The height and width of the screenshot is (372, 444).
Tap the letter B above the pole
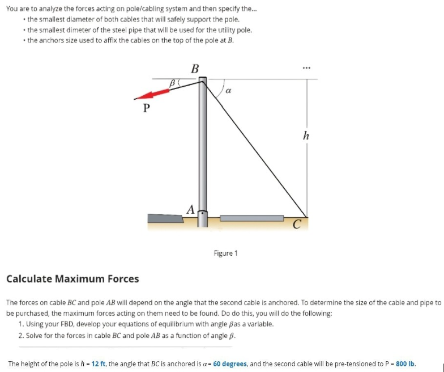point(195,69)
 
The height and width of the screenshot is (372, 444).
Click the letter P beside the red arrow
point(147,108)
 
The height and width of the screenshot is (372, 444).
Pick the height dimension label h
point(306,136)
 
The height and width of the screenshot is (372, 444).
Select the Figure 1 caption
point(225,253)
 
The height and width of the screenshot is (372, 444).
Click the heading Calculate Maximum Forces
point(72,278)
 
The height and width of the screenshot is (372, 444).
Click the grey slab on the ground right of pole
point(251,218)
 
